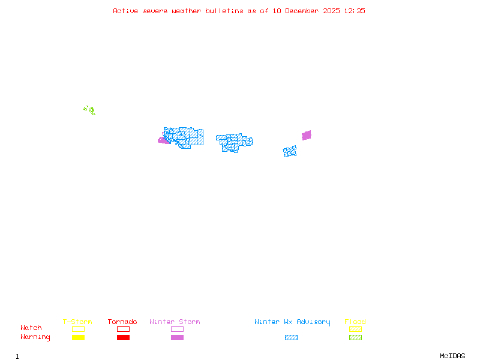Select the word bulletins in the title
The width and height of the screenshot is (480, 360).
(223, 11)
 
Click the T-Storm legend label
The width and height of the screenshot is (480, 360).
(77, 322)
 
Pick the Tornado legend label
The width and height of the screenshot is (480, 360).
(122, 322)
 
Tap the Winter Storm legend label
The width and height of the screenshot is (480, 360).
(175, 322)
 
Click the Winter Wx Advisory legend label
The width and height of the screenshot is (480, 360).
(292, 322)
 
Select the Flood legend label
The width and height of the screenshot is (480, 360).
(355, 322)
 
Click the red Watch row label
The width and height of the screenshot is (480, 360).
(31, 328)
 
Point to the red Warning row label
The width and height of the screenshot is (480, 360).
(35, 337)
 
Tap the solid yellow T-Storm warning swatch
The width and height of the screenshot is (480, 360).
(78, 337)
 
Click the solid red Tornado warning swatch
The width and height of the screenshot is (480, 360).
(123, 337)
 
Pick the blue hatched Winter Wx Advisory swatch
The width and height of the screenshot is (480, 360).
(291, 337)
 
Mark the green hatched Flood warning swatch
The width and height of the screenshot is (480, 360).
(355, 337)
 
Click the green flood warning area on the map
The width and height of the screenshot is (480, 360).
(90, 110)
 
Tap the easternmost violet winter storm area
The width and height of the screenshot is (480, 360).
(307, 135)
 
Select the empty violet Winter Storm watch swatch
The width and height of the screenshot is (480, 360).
(177, 329)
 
